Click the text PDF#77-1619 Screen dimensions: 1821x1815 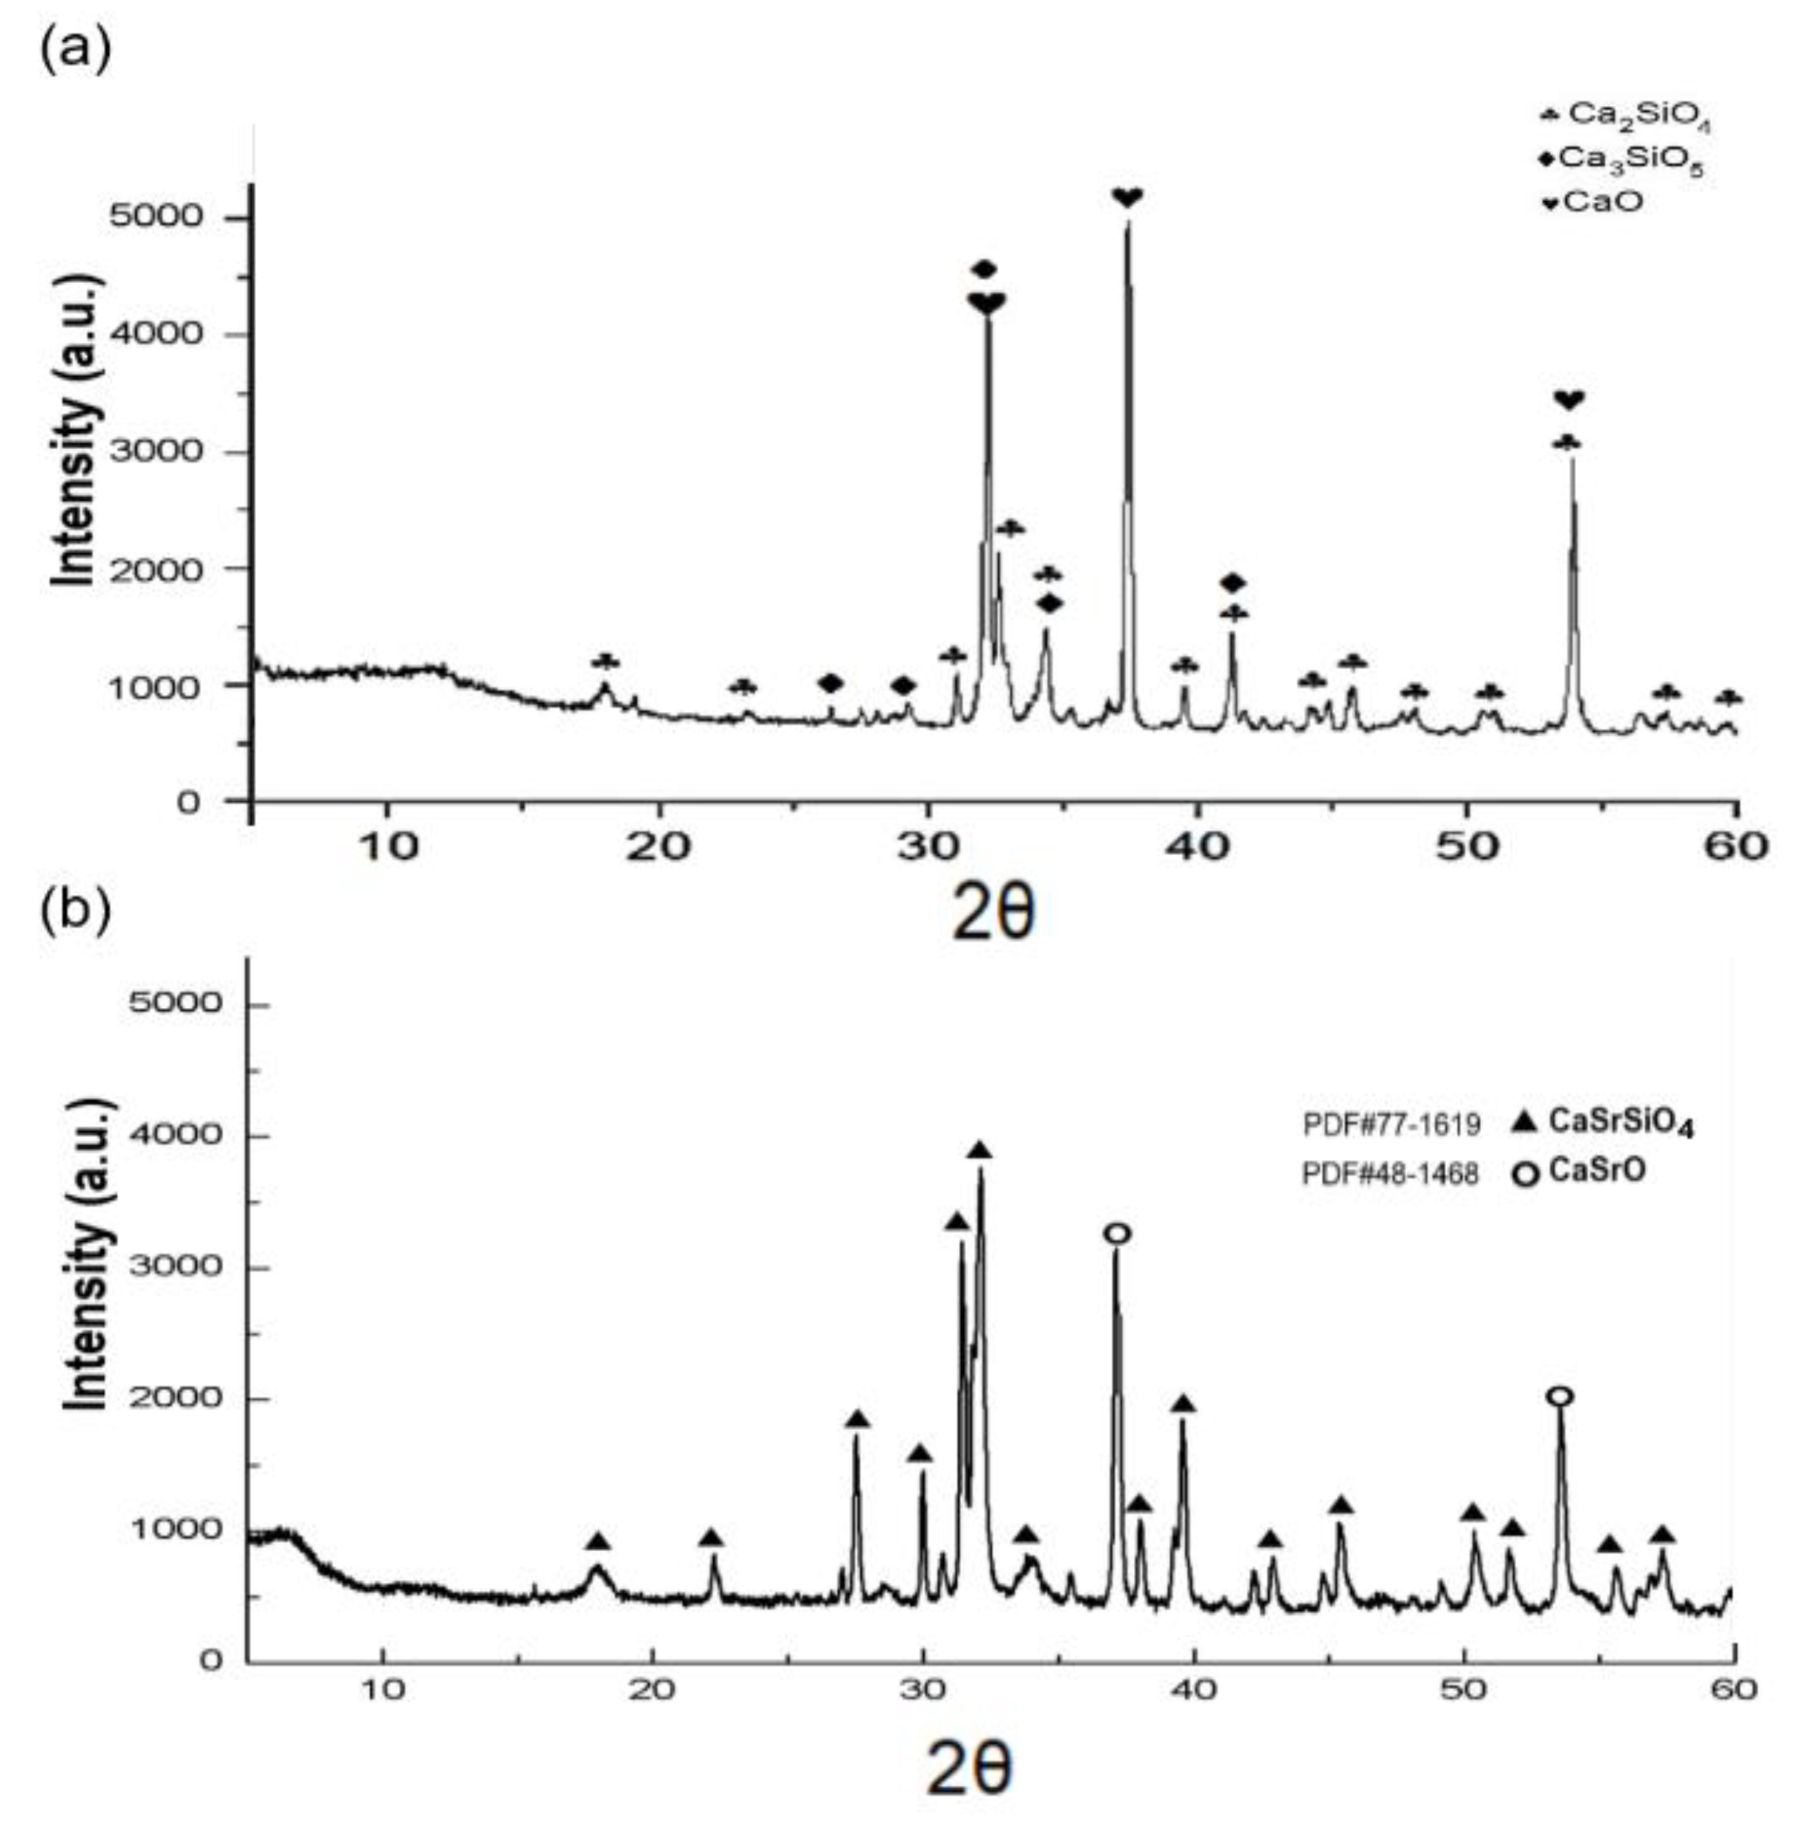[1391, 1124]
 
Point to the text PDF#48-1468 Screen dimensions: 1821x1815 [1391, 1173]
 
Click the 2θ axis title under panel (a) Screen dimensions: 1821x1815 [993, 914]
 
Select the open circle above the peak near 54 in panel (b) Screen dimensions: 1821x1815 [1560, 1396]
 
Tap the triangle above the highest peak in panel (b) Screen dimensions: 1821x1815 [980, 1151]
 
